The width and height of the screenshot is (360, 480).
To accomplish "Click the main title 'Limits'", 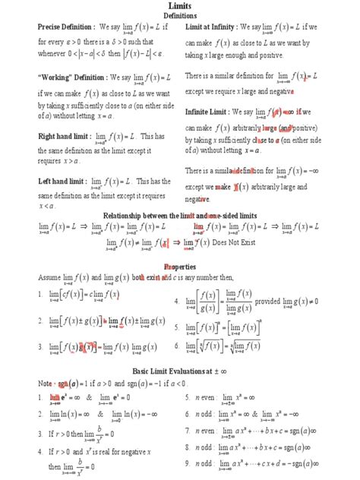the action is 179,6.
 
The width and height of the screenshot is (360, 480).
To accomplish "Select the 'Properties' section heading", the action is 180,267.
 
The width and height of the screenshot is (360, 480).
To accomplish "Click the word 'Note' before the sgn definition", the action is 46,384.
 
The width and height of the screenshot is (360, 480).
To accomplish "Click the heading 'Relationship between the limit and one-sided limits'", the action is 179,216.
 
